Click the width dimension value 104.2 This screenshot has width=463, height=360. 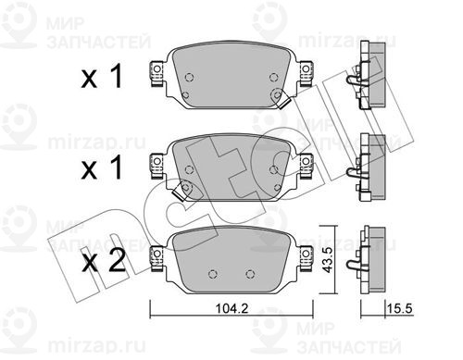click(231, 308)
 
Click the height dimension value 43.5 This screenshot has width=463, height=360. click(327, 260)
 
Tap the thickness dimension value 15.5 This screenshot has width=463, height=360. click(400, 308)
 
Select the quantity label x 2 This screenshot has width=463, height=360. click(104, 262)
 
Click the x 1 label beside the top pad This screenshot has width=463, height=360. click(102, 77)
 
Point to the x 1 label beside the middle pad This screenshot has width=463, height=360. click(102, 168)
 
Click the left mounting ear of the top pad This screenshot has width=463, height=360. click(156, 73)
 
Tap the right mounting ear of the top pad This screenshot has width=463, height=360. click(306, 73)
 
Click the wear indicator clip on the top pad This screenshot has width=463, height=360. click(282, 101)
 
